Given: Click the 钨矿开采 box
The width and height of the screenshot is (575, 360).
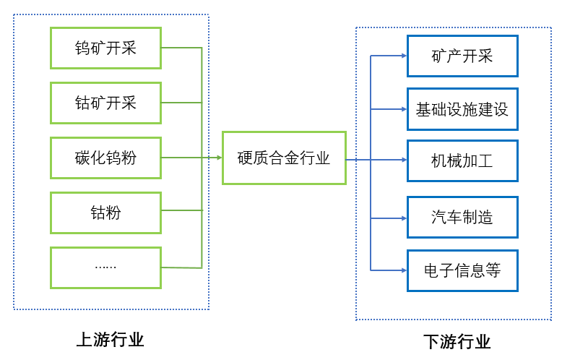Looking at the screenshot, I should (x=105, y=48).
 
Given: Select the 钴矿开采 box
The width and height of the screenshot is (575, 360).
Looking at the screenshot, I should (x=105, y=103).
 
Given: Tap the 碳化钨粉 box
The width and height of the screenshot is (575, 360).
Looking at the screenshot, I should (x=105, y=158).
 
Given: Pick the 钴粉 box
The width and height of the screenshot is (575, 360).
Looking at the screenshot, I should (x=105, y=213).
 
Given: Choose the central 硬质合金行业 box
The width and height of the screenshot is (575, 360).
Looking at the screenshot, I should (x=284, y=158).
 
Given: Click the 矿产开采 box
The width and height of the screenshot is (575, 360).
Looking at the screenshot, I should (x=462, y=56).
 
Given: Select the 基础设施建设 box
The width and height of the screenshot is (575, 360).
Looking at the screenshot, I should (x=462, y=110).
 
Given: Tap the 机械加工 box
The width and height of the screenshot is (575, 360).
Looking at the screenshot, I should (x=462, y=160).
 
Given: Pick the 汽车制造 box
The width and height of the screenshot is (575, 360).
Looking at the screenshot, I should (x=462, y=217).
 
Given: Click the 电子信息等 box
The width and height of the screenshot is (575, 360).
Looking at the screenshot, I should (x=462, y=270).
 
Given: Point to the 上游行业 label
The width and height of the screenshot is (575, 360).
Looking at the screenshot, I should (x=111, y=340).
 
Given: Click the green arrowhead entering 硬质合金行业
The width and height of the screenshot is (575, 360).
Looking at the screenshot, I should (x=218, y=158).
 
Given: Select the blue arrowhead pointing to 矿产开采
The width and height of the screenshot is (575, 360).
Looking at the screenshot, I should (x=403, y=56).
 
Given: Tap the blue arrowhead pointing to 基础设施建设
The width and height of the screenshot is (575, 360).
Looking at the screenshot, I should (x=403, y=110).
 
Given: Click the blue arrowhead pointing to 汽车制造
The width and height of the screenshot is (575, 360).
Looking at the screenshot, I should (x=403, y=217).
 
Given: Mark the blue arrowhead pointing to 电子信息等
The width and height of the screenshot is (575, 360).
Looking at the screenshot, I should (x=403, y=270).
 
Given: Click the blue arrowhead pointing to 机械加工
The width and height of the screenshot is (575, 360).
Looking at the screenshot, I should (x=403, y=160).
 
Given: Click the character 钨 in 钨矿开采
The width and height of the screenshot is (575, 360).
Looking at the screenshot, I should (x=82, y=48).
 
